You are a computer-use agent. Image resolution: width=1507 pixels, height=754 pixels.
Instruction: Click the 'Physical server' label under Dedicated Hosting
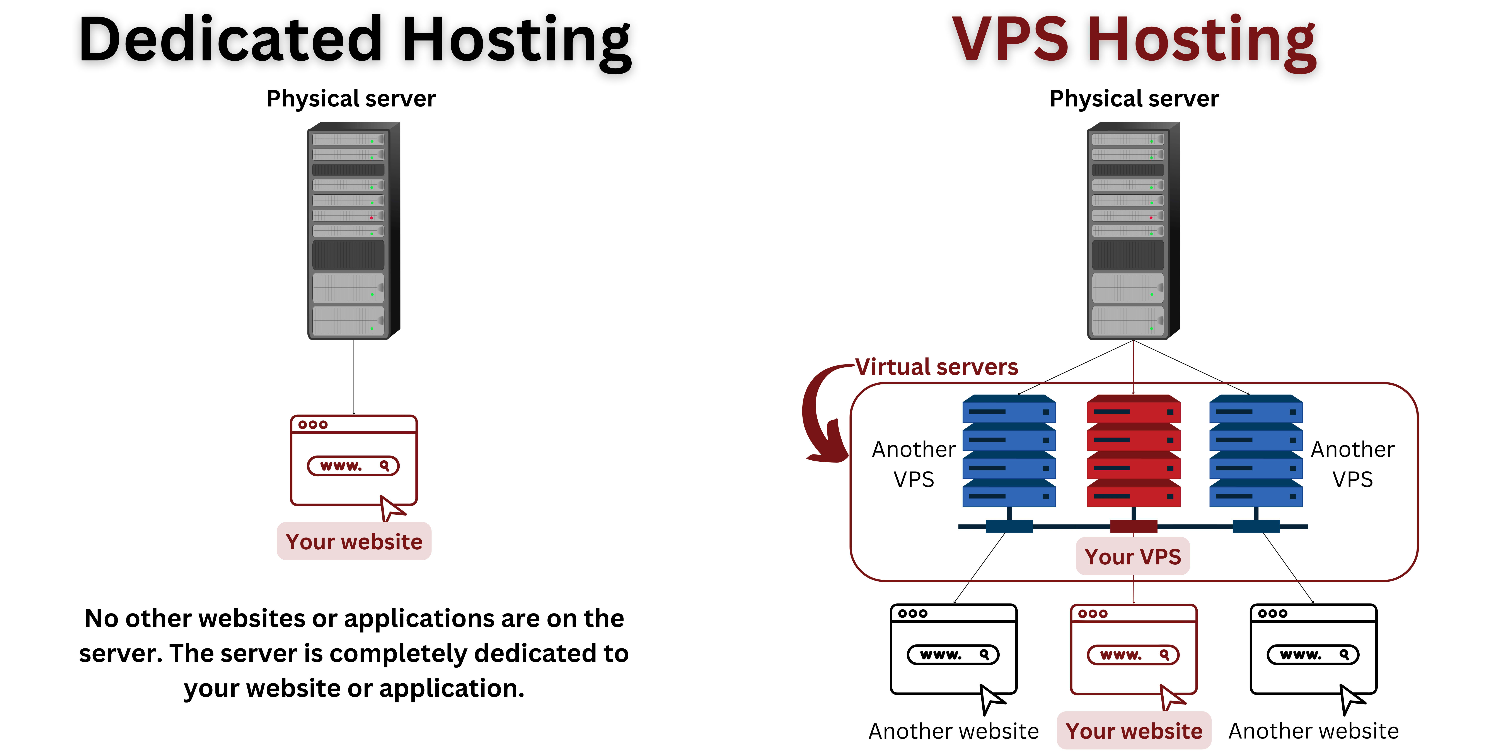[351, 98]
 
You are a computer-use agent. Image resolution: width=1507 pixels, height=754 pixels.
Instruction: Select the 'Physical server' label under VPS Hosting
[1134, 98]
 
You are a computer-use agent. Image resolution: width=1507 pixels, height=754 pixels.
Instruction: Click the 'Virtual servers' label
[936, 367]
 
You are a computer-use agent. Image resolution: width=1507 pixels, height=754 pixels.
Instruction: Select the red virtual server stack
[1133, 451]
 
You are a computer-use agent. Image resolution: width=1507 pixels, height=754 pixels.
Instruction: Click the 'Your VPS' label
[1133, 556]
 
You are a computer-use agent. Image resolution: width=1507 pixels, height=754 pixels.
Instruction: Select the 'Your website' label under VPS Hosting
[1134, 731]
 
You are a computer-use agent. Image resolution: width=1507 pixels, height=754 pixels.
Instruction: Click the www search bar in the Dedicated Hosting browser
[353, 466]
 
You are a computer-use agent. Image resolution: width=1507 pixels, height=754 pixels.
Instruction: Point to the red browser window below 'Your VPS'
[1133, 650]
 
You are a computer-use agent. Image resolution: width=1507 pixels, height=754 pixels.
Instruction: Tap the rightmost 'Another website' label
[1313, 731]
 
